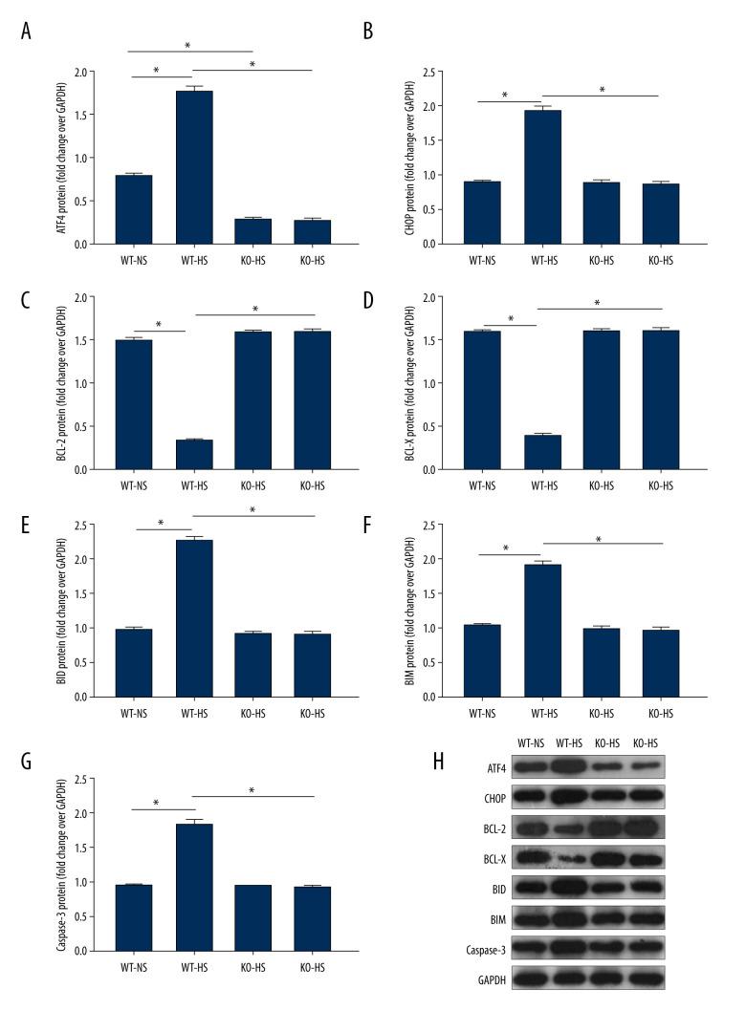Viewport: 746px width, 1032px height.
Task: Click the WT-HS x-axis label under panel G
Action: pyautogui.click(x=193, y=970)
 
